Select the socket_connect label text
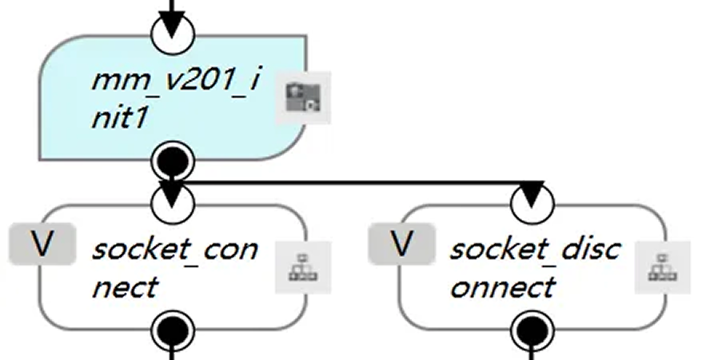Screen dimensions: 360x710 174,266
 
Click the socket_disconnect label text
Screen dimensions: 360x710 534,266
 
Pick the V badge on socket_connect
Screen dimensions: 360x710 42,244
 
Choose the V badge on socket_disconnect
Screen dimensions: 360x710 401,244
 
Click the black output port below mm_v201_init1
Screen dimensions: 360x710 173,162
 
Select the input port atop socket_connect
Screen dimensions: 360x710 173,205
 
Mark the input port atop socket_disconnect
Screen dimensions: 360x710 532,205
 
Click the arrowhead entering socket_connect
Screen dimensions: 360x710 173,192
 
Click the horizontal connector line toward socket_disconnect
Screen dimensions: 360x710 352,182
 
